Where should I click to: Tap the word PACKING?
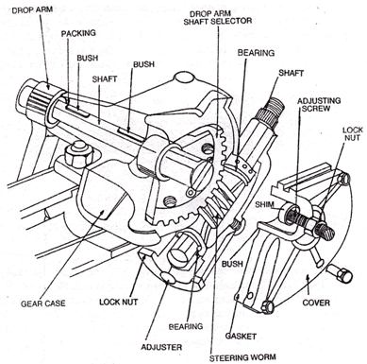pyautogui.click(x=79, y=31)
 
